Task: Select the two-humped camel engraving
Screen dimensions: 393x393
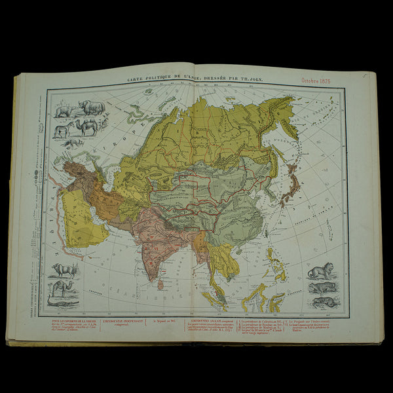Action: coord(86,126)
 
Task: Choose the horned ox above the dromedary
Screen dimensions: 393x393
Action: coord(64,269)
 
